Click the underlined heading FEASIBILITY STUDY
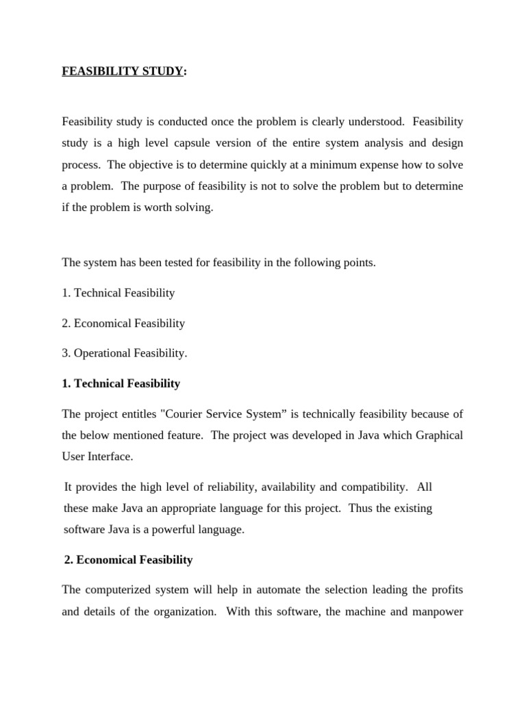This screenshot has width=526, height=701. click(x=123, y=71)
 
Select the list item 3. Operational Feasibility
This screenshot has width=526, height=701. click(x=124, y=353)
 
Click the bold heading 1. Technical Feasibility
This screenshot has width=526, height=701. click(x=121, y=383)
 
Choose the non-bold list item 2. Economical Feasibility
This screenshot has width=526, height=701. click(x=123, y=323)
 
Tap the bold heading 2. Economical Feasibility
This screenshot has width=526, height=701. click(x=128, y=560)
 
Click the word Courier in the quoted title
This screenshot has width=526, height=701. click(x=196, y=413)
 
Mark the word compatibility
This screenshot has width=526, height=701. click(x=373, y=487)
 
